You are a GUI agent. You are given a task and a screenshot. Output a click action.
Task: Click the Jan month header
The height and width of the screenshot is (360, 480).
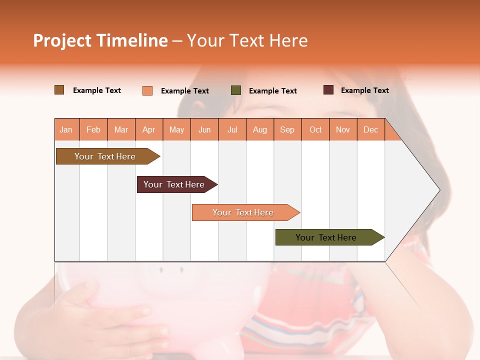pyautogui.click(x=66, y=129)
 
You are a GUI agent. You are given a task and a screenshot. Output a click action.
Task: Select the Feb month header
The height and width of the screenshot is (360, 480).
pyautogui.click(x=93, y=129)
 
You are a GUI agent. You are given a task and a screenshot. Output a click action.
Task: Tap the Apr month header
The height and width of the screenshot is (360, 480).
pyautogui.click(x=148, y=129)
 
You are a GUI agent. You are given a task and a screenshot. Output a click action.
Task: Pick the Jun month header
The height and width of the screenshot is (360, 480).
pyautogui.click(x=204, y=129)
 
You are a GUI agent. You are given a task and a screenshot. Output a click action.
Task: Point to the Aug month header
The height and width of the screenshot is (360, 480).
pyautogui.click(x=259, y=129)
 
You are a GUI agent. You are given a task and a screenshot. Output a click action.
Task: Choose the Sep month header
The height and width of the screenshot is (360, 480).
pyautogui.click(x=287, y=129)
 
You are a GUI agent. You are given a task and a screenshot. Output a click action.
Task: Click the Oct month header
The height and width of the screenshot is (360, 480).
pyautogui.click(x=315, y=129)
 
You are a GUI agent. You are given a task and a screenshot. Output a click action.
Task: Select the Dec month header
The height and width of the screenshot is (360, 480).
pyautogui.click(x=370, y=129)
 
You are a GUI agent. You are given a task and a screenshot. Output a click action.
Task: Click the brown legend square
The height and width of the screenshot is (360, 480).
pyautogui.click(x=59, y=90)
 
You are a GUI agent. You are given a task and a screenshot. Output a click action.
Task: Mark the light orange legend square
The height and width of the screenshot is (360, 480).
pyautogui.click(x=147, y=90)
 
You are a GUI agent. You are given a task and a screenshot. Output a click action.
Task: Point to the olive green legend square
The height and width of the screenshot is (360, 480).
pyautogui.click(x=236, y=90)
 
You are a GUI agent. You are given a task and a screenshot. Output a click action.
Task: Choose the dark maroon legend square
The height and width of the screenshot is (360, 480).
pyautogui.click(x=328, y=90)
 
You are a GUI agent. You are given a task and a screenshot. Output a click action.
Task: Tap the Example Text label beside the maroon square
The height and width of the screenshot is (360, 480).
pyautogui.click(x=364, y=90)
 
